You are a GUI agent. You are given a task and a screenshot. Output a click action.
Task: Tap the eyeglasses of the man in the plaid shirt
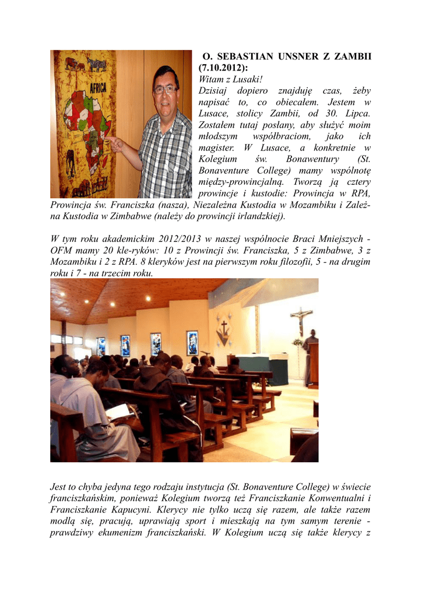pyautogui.click(x=165, y=90)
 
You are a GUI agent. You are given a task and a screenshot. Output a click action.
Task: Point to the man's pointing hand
pyautogui.click(x=115, y=143)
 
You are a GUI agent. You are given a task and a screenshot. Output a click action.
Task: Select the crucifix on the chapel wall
pyautogui.click(x=301, y=320)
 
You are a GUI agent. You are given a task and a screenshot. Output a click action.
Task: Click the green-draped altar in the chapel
pyautogui.click(x=262, y=366)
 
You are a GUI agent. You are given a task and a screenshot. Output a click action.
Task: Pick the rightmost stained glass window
pyautogui.click(x=192, y=343)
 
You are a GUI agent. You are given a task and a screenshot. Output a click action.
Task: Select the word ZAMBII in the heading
pyautogui.click(x=348, y=57)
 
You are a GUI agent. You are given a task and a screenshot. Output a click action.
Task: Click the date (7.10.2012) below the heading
pyautogui.click(x=224, y=68)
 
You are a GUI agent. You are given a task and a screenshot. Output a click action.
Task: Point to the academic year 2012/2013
pyautogui.click(x=167, y=240)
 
